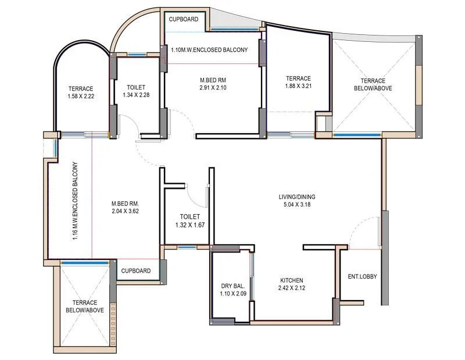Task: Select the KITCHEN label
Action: tap(291, 280)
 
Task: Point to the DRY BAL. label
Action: tap(233, 287)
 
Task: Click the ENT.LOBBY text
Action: tap(362, 276)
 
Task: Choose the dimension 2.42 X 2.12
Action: tap(291, 287)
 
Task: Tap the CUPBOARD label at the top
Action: tap(184, 19)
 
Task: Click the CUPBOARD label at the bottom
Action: tap(136, 270)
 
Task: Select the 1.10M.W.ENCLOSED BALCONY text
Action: tap(209, 50)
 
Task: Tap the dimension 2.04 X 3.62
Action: tap(126, 211)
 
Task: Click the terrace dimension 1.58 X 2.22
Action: tap(81, 97)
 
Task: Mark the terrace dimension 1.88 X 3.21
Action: tap(298, 87)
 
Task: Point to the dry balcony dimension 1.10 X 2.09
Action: tap(233, 294)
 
